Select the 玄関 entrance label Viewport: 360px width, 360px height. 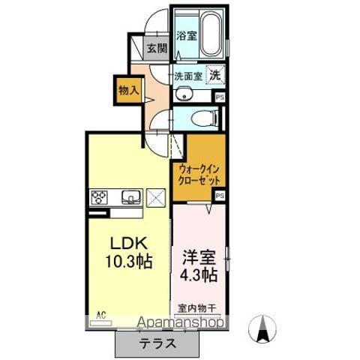156,49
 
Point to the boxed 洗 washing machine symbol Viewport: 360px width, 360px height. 215,75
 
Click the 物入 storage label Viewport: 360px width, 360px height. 128,90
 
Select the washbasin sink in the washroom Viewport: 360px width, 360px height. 185,94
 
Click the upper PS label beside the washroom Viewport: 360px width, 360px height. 220,97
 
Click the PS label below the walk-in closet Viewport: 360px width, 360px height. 220,195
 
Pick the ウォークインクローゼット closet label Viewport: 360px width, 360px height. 200,175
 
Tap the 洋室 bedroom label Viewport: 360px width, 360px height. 199,257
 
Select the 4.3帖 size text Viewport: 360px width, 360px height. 199,274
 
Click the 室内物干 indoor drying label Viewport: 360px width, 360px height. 197,307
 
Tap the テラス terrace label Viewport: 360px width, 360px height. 157,344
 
